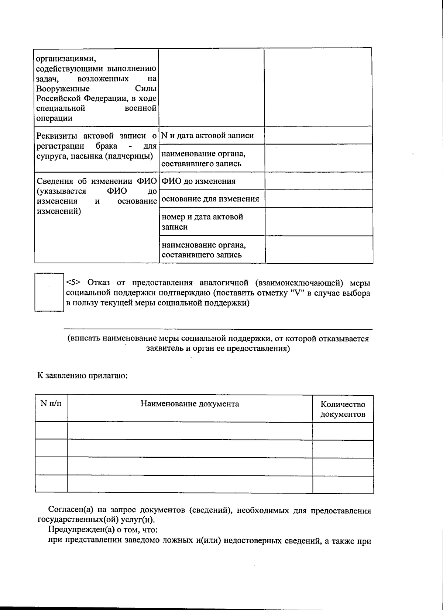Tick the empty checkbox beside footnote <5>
[x=49, y=292]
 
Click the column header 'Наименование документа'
[x=189, y=403]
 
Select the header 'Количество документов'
[x=343, y=409]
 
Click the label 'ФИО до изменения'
[x=199, y=181]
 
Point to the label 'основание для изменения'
[x=210, y=199]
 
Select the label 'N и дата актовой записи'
[x=208, y=135]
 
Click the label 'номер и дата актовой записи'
[x=202, y=222]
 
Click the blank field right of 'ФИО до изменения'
[x=319, y=181]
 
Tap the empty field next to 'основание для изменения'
[x=319, y=199]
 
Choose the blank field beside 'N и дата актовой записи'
[x=318, y=135]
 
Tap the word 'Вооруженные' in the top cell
[x=63, y=89]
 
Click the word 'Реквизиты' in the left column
[x=57, y=135]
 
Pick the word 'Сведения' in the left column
[x=54, y=181]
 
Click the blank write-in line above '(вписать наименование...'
[x=218, y=328]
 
